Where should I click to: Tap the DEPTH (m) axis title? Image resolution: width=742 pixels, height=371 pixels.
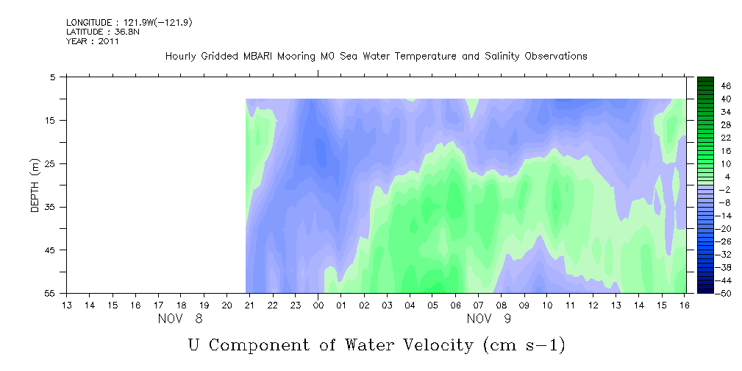(35, 185)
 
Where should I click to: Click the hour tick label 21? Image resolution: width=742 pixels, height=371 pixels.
(249, 305)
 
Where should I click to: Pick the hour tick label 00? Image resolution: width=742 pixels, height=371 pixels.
(318, 305)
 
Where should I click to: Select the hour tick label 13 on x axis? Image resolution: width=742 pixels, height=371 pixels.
(67, 305)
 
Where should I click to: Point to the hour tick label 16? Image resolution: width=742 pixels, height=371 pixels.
(684, 305)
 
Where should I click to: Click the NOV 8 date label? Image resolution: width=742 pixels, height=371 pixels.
(180, 319)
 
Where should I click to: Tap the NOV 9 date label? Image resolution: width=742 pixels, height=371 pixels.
(489, 319)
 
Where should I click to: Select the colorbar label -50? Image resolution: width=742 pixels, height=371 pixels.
(724, 294)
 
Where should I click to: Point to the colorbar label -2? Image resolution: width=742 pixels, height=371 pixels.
(724, 190)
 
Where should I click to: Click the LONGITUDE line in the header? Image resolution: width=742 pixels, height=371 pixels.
(129, 22)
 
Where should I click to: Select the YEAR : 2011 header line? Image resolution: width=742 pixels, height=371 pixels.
(93, 41)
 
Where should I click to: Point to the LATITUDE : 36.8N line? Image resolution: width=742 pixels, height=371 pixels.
(103, 32)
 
